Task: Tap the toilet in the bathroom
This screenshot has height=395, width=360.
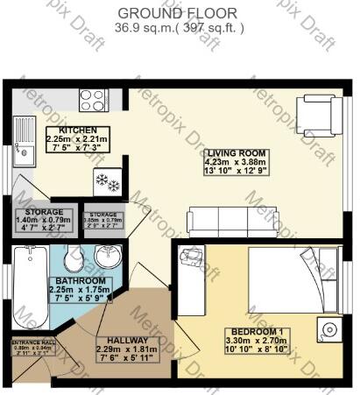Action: tap(74, 258)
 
